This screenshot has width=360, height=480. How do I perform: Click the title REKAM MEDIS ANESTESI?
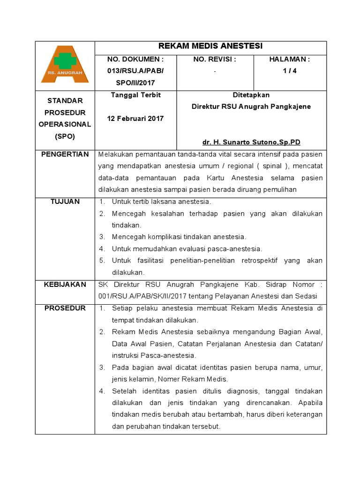tap(210, 46)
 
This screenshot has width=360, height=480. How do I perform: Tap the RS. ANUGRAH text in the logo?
tap(65, 73)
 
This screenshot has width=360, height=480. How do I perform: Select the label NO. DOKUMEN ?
tap(135, 60)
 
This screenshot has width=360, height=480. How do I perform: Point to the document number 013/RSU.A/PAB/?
tap(135, 71)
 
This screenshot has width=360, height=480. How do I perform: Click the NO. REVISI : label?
tap(215, 60)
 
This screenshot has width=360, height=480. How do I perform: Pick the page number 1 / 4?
tap(290, 71)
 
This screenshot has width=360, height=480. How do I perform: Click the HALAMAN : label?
tap(290, 60)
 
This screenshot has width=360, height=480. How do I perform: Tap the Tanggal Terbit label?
tap(135, 95)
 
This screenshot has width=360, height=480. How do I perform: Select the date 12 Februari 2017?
tap(135, 119)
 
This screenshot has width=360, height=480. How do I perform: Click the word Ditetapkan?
tap(251, 95)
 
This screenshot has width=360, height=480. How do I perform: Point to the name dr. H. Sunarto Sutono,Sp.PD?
tap(251, 142)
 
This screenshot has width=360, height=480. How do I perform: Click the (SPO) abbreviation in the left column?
tap(65, 137)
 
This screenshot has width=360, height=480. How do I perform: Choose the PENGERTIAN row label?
tap(65, 155)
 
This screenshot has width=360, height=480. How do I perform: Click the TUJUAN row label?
tap(65, 202)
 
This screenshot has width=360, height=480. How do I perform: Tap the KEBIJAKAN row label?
tap(65, 285)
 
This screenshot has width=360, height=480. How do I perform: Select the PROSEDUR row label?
tap(65, 308)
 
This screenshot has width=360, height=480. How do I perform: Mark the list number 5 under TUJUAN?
tap(102, 261)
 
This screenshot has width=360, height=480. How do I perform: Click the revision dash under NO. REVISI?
tap(215, 71)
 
